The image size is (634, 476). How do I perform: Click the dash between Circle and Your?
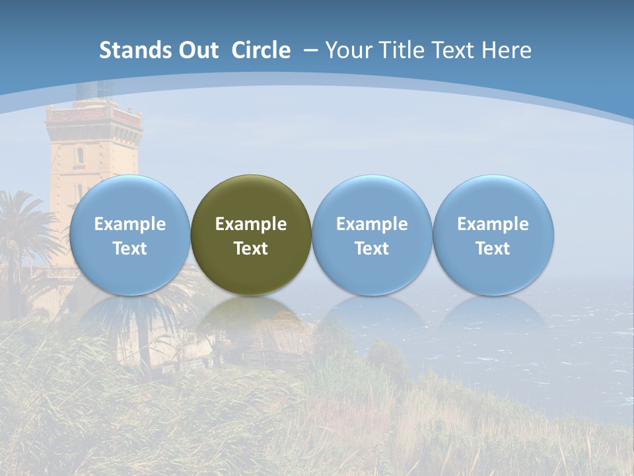coord(310,50)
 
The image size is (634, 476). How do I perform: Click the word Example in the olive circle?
coord(251,224)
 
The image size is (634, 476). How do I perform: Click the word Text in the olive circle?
coord(251,249)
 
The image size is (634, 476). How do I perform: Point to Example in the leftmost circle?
coord(129,224)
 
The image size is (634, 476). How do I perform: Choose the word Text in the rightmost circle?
coord(493,249)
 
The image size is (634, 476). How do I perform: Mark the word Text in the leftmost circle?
coord(129,249)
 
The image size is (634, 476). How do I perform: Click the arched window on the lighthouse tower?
coord(80,156)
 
